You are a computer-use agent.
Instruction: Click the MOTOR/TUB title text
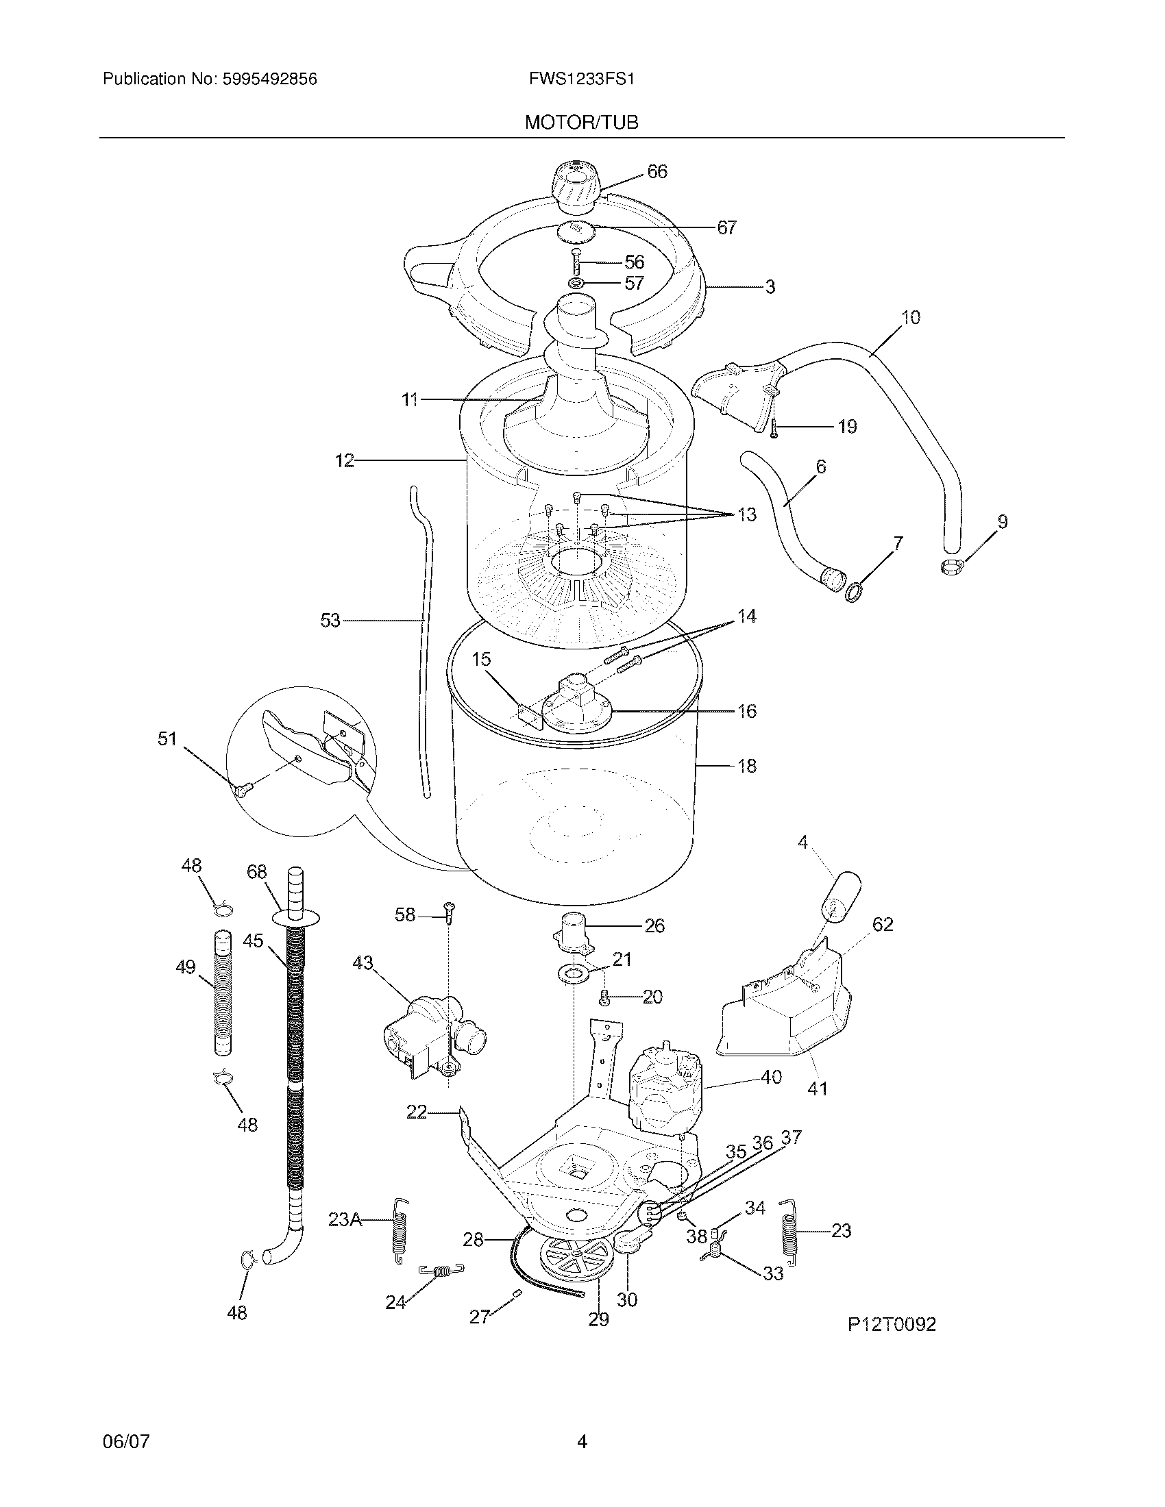pyautogui.click(x=581, y=123)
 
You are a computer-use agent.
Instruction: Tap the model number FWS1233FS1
pyautogui.click(x=581, y=79)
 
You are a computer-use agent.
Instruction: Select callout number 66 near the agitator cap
pyautogui.click(x=657, y=171)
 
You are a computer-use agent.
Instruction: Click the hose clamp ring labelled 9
pyautogui.click(x=952, y=566)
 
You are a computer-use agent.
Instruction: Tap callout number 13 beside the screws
pyautogui.click(x=747, y=514)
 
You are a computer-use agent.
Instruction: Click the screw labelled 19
pyautogui.click(x=775, y=429)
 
